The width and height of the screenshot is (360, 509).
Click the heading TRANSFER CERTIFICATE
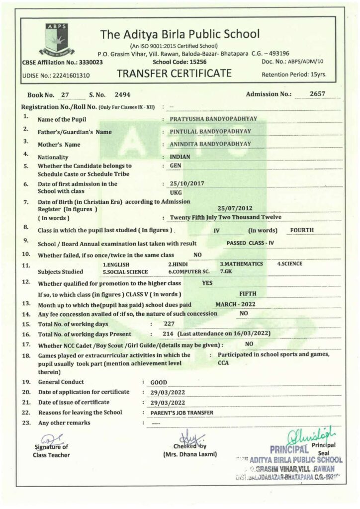point(174,74)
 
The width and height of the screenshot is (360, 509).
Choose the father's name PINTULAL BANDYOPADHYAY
point(210,131)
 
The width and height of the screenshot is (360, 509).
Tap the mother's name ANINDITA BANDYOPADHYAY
point(210,144)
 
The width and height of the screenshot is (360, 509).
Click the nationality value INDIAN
point(180,156)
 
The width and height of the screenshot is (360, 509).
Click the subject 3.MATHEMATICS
point(241,263)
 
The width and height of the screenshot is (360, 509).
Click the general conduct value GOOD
point(159,382)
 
